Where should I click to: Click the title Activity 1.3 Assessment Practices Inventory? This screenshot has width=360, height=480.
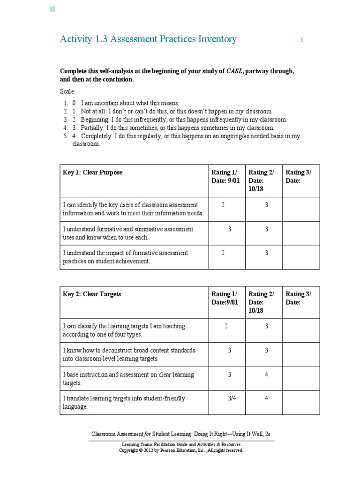coord(148,39)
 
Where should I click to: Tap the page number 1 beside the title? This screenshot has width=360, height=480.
coord(302,41)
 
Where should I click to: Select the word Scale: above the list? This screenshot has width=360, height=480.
coord(67,91)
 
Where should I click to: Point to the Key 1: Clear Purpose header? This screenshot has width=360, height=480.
coord(92,172)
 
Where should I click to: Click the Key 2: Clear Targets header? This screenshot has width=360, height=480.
coord(92,294)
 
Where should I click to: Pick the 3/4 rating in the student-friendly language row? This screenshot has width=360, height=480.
coord(232,398)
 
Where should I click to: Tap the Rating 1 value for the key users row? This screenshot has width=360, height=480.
coord(223,205)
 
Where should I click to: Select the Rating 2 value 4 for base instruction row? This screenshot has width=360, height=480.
coord(266,375)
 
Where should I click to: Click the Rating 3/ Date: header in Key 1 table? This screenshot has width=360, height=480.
coord(298,177)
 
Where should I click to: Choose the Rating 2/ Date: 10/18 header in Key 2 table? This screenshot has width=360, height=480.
coord(261,302)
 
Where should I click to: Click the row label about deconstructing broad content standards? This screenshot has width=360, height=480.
coord(129,354)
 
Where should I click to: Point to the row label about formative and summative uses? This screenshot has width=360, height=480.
coord(128,233)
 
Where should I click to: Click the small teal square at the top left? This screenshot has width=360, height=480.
coord(52,9)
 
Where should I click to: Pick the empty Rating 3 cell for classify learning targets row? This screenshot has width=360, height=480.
coord(301,330)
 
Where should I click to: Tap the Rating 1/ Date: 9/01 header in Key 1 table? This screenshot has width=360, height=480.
coord(225,177)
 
